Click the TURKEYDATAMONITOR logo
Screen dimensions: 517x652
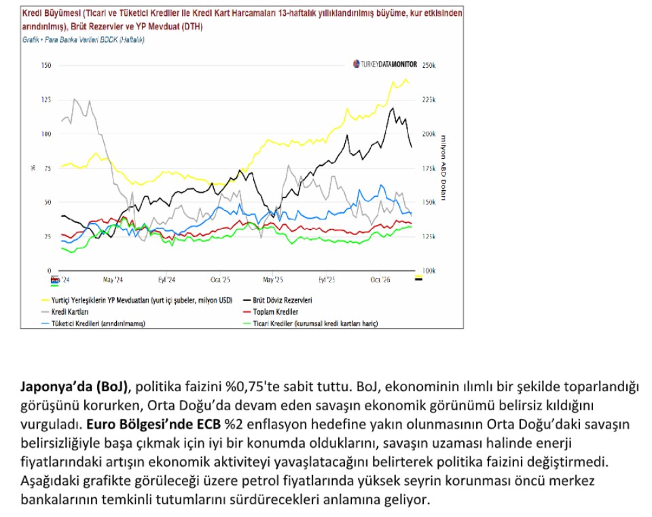385,64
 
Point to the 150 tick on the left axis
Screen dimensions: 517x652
46,65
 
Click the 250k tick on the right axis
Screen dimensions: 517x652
429,65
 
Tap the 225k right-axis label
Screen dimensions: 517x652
429,100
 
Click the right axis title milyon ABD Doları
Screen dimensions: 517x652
443,167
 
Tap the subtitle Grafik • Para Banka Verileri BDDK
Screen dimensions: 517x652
83,39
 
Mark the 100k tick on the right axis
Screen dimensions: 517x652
429,270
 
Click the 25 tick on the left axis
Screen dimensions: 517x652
47,236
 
